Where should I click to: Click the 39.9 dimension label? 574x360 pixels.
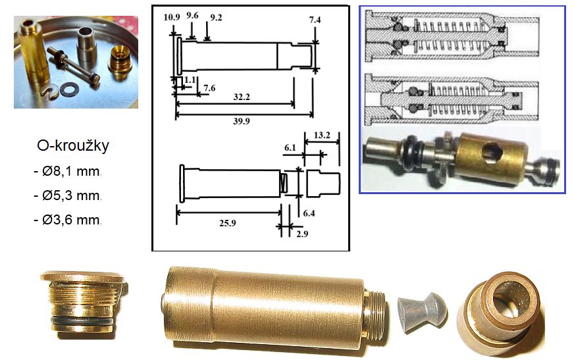241,121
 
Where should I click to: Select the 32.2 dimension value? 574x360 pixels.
241,97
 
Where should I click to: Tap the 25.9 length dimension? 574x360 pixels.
227,223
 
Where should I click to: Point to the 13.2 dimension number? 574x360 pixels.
322,136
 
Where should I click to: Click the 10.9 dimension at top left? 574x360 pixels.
172,17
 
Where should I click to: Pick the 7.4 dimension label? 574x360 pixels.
315,20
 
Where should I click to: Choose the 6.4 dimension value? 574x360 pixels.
309,213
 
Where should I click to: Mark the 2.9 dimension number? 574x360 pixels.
302,234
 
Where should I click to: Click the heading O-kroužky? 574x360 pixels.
73,145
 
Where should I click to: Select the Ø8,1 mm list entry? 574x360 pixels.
67,171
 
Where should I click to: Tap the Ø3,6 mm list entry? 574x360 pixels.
67,220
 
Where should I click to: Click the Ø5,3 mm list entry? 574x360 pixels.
67,195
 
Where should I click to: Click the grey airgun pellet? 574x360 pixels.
422,312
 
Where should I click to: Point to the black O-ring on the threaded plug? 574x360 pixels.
82,320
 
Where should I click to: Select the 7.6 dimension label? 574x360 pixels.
209,88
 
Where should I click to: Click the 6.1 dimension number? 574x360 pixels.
290,148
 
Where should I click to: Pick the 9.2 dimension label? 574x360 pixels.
216,18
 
